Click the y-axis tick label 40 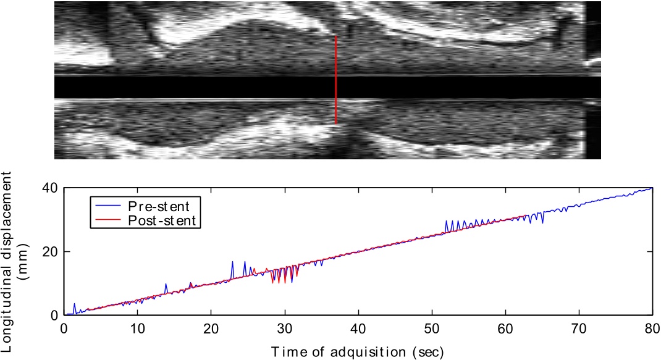[50, 188]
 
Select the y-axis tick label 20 [50, 252]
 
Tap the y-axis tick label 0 [54, 316]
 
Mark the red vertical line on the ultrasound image [336, 80]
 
